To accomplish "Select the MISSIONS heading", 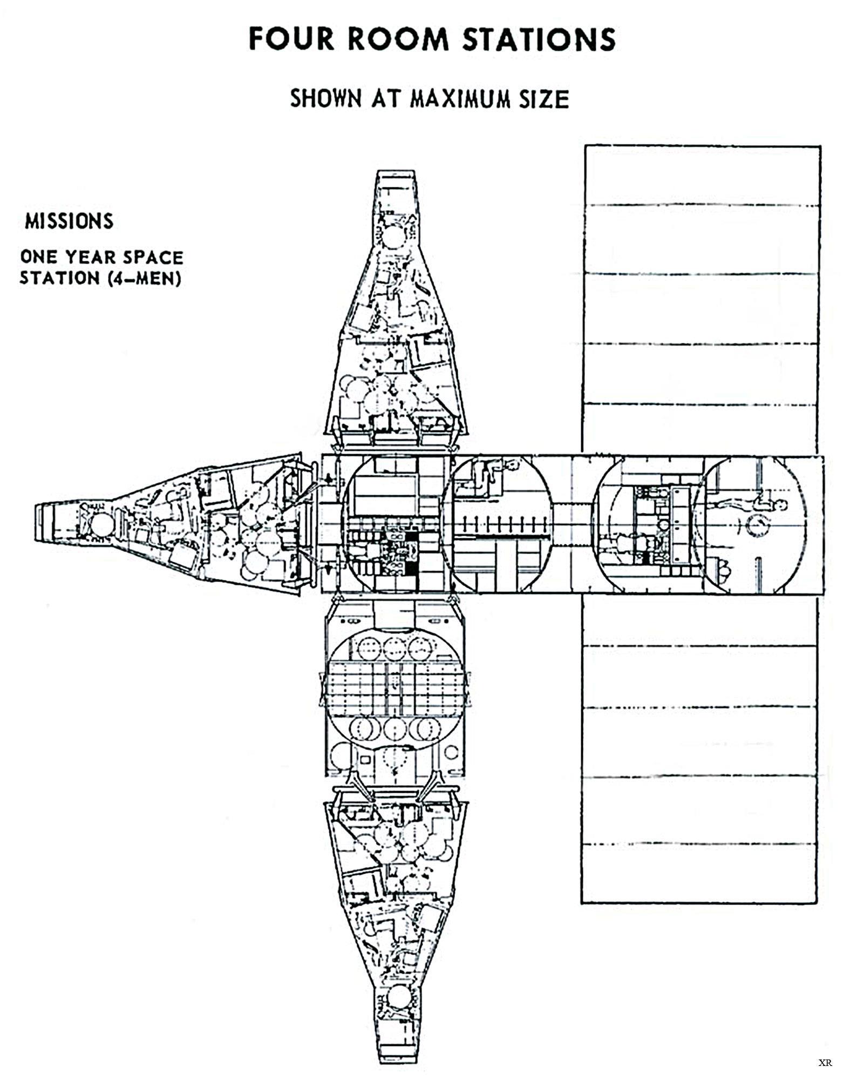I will [x=69, y=221].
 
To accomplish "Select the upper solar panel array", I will [x=702, y=297].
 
